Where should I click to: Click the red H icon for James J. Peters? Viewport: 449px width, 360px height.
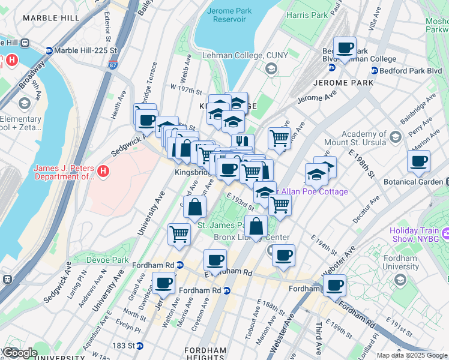[x=103, y=172]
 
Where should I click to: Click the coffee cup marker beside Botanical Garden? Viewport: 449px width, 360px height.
[x=418, y=161]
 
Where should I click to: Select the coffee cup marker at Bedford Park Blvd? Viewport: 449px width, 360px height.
[x=345, y=48]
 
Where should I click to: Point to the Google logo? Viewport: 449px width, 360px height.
[x=19, y=352]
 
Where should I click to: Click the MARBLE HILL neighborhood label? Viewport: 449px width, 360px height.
[x=50, y=18]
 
